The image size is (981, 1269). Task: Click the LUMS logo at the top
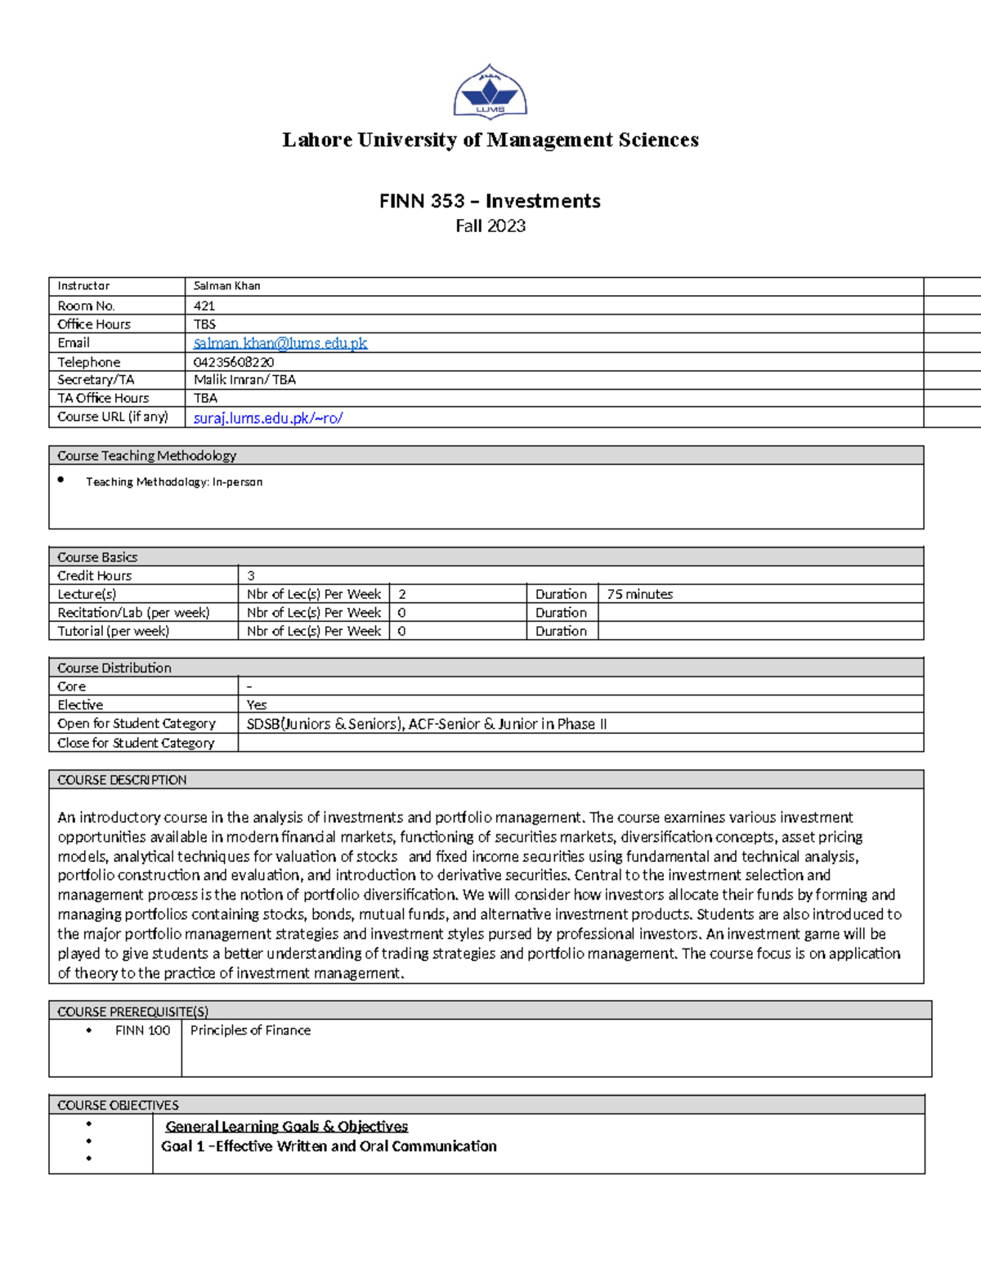tap(490, 92)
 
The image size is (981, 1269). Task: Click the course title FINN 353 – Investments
tap(490, 201)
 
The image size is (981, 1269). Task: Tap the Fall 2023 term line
tap(490, 226)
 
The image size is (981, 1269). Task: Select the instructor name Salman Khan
tap(226, 286)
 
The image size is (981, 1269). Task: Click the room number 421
tap(204, 306)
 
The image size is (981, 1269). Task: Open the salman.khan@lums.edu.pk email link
tap(280, 343)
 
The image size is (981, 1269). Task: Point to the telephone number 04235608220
tap(234, 362)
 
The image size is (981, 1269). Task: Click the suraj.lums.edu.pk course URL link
tap(268, 418)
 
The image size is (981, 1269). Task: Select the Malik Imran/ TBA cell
tap(244, 380)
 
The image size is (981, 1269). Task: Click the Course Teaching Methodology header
tap(147, 456)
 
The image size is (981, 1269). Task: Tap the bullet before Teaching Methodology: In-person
tap(61, 480)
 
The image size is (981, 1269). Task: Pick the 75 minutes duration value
tap(639, 594)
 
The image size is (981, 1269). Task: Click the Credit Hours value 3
tap(251, 575)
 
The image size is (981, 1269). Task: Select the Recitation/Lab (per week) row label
tap(133, 613)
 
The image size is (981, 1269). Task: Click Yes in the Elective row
tap(257, 704)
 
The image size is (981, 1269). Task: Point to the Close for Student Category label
tap(136, 743)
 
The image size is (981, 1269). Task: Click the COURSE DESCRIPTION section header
tap(122, 780)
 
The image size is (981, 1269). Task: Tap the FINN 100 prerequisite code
tap(142, 1030)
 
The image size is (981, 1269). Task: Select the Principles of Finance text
tap(250, 1030)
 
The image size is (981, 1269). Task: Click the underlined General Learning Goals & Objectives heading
tap(286, 1126)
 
